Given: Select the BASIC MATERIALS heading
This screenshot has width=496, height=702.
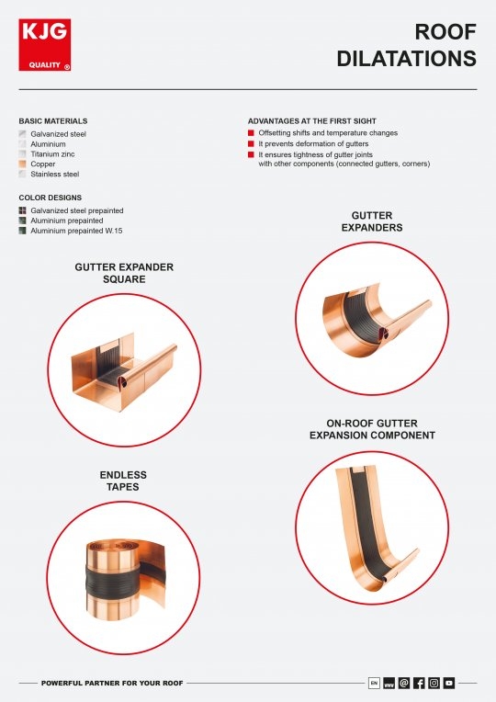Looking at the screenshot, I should coord(53,121).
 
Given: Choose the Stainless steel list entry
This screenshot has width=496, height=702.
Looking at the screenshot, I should coord(54,174).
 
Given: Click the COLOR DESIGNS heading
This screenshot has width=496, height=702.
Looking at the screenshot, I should coord(50,198).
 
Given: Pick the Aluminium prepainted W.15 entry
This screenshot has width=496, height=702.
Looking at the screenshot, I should coord(81,231).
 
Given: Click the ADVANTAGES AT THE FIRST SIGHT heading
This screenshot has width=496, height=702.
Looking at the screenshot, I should coord(311,121).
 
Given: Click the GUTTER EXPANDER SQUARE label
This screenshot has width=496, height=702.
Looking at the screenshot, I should coord(124,273).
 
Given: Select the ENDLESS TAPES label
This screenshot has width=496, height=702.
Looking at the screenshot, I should coord(123,481).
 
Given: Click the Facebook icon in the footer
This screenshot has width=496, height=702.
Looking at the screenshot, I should coord(419,683).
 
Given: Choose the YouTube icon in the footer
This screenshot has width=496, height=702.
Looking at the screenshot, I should coord(449,683).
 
